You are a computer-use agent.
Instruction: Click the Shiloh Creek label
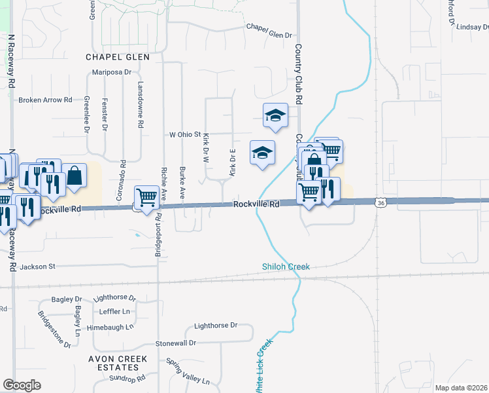(x=286, y=267)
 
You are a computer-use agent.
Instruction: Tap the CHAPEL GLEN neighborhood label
(x=118, y=57)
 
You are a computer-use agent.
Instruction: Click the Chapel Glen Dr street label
(x=268, y=27)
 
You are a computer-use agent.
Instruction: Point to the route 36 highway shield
(x=380, y=203)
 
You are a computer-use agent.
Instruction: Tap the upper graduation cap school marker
(x=275, y=117)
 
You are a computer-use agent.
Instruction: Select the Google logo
(x=22, y=384)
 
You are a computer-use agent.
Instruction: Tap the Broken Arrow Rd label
(x=45, y=100)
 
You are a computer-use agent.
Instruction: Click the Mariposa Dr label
(x=112, y=73)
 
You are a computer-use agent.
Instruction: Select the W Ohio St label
(x=184, y=134)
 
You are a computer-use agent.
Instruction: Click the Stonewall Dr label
(x=175, y=343)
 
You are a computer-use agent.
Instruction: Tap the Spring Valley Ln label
(x=188, y=372)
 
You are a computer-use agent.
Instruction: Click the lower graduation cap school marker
(x=263, y=153)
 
